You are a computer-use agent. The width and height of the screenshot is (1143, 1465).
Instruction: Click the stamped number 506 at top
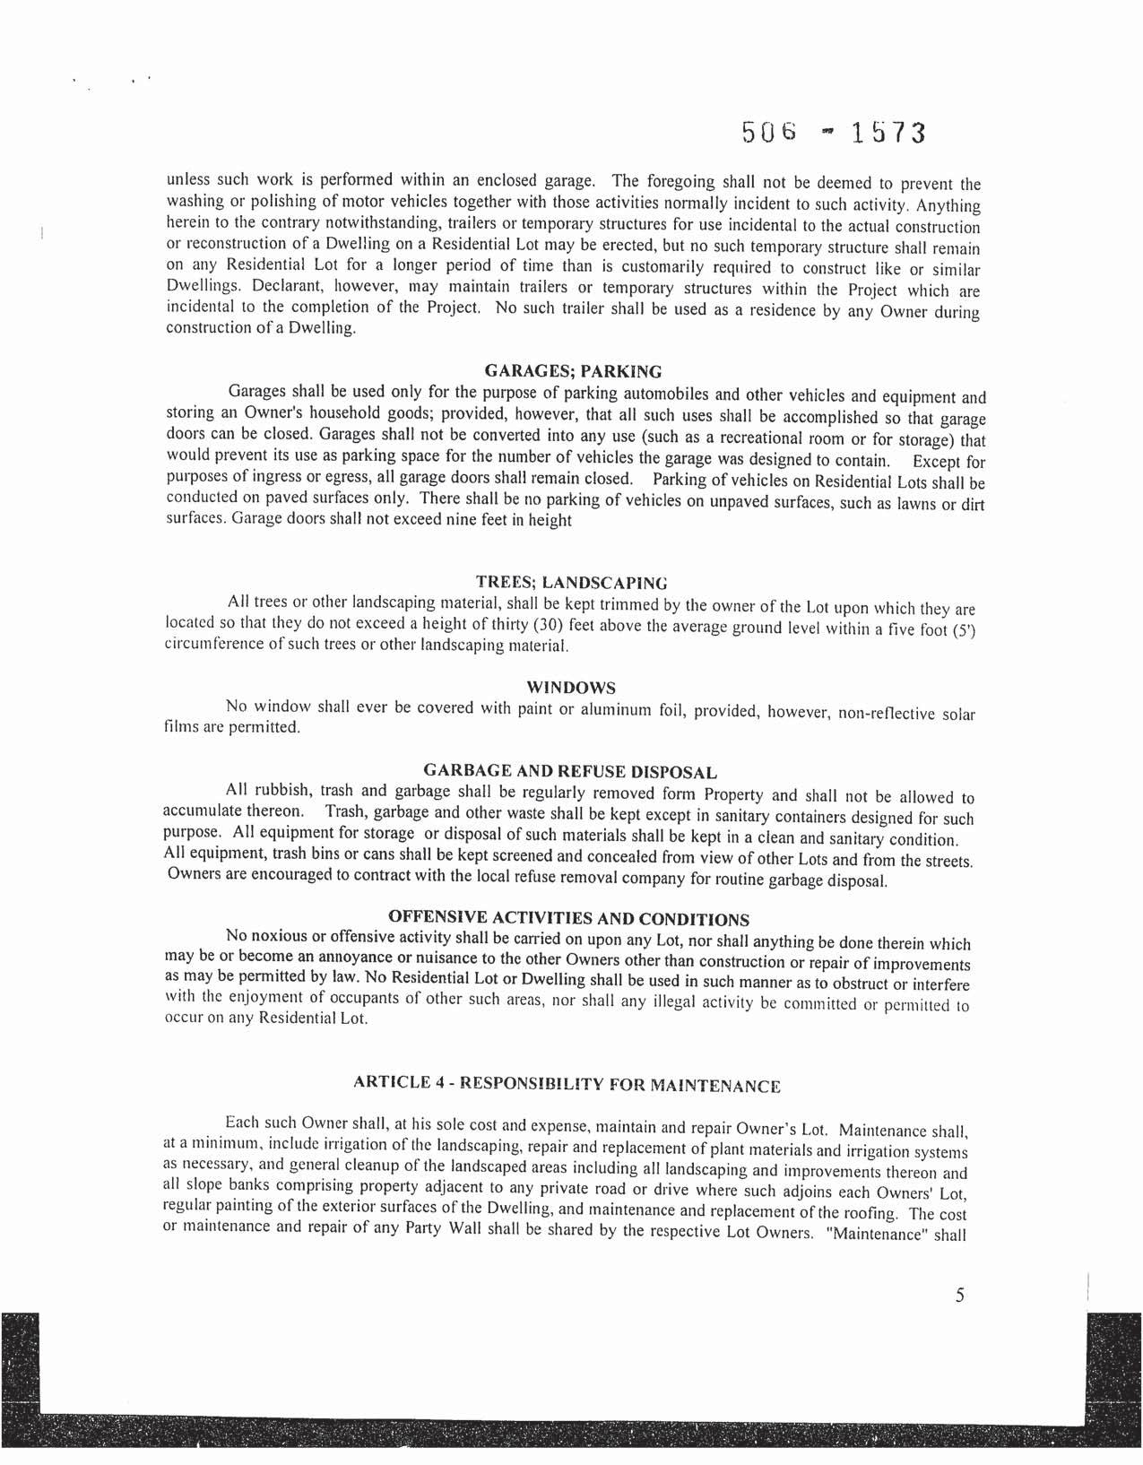click(769, 133)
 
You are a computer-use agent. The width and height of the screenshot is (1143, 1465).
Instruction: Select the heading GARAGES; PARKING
click(573, 371)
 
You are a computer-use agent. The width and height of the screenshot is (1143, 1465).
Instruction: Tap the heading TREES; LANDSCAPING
click(571, 582)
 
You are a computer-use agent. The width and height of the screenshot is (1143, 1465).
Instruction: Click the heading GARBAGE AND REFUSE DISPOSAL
click(569, 771)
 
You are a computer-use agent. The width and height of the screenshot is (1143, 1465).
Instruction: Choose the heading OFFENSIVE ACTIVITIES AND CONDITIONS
click(569, 918)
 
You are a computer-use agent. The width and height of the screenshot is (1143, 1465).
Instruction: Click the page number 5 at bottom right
click(959, 1295)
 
